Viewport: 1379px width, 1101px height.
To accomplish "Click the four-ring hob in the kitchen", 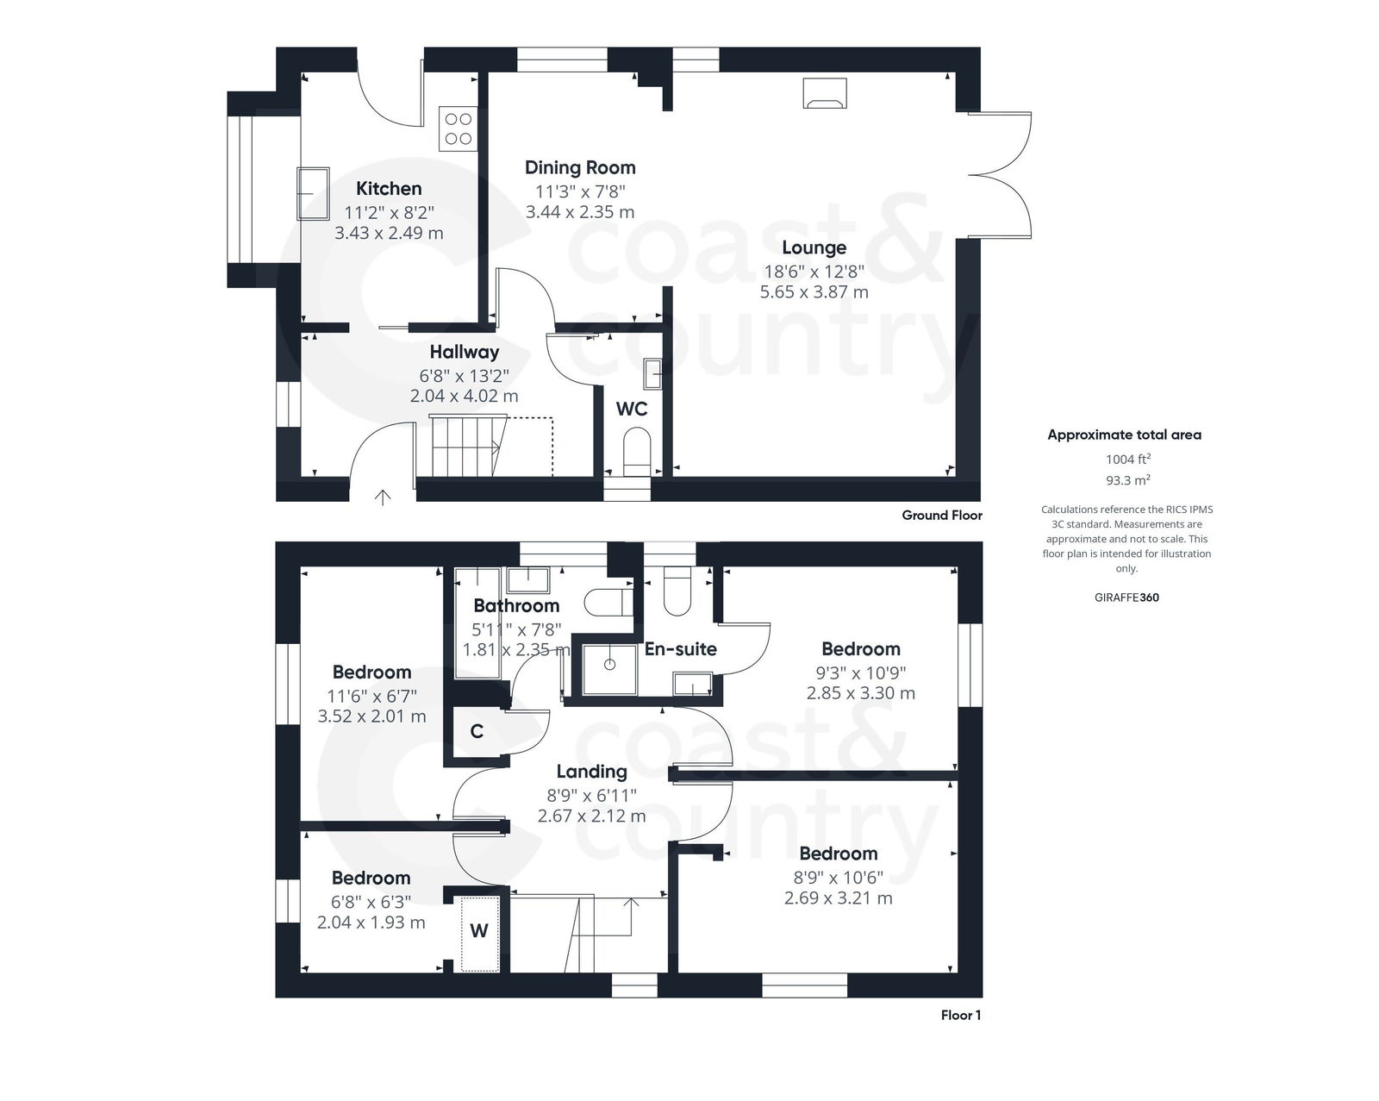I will coord(458,128).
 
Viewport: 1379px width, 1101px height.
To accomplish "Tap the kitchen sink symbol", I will coord(313,193).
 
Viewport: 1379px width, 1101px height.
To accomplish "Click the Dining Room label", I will coord(580,167).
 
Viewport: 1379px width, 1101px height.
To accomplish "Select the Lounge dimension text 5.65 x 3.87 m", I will coord(814,292).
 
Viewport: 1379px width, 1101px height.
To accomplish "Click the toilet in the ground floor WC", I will coord(637,454).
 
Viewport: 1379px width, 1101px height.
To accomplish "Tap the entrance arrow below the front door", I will coord(383,497).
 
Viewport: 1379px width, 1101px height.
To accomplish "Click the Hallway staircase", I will coord(465,446).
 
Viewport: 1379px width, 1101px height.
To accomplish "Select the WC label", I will coord(631,409).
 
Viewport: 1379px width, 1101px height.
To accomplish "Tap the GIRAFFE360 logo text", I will coord(1126,597).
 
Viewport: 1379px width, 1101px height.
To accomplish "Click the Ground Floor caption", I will coord(941,516).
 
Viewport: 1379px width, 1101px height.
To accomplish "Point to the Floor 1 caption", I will coord(960,1016).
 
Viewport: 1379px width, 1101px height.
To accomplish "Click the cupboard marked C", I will coord(477,732).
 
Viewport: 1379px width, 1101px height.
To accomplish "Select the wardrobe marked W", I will coord(478,931).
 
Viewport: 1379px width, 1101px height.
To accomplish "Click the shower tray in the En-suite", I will coord(609,665).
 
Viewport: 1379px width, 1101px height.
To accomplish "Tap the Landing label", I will coord(591,772).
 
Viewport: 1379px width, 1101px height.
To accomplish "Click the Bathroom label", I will coord(516,605).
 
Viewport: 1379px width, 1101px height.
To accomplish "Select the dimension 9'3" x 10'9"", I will coord(861,672).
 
